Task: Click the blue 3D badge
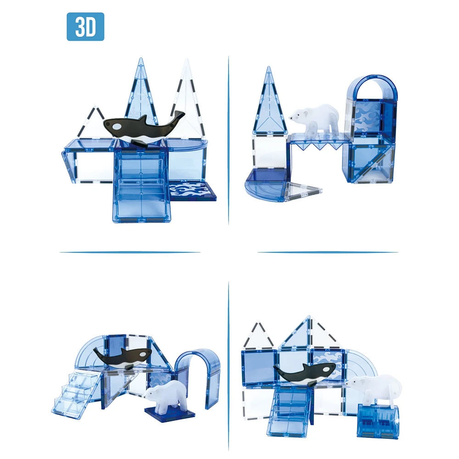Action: (x=85, y=27)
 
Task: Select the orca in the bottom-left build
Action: (x=123, y=358)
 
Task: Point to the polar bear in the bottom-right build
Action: (x=375, y=389)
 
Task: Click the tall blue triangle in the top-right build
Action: (x=269, y=102)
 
